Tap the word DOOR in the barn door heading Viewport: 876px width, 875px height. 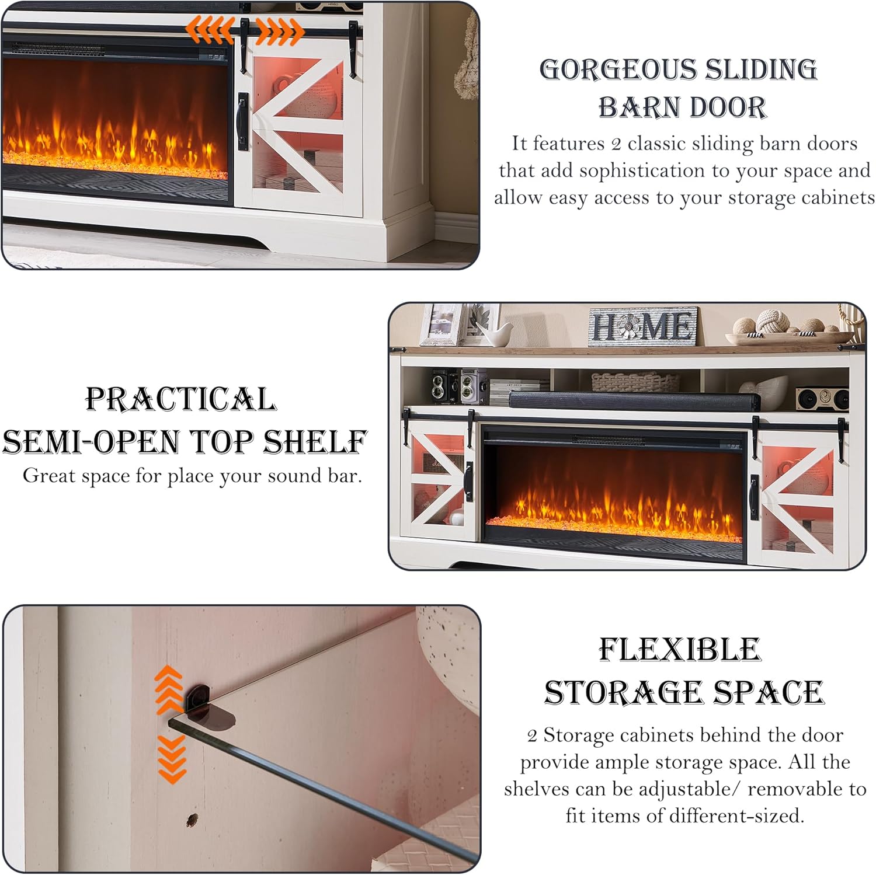(725, 108)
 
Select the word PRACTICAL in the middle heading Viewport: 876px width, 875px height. (181, 400)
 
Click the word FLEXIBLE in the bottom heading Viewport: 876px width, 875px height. (680, 650)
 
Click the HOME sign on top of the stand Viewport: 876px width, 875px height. (642, 326)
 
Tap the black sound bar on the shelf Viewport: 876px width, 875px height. (635, 401)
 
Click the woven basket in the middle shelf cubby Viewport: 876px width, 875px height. (635, 382)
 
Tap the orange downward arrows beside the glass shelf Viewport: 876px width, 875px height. (172, 759)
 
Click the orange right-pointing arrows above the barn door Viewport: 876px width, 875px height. (280, 32)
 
